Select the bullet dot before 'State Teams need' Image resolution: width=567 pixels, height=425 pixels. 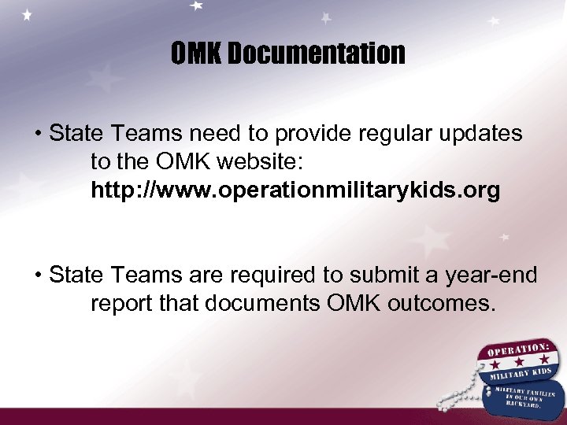click(x=38, y=135)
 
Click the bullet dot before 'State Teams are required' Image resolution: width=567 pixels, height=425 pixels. click(x=38, y=276)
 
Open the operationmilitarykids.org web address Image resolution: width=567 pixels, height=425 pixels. click(x=295, y=191)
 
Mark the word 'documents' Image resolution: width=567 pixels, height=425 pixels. click(x=272, y=304)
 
